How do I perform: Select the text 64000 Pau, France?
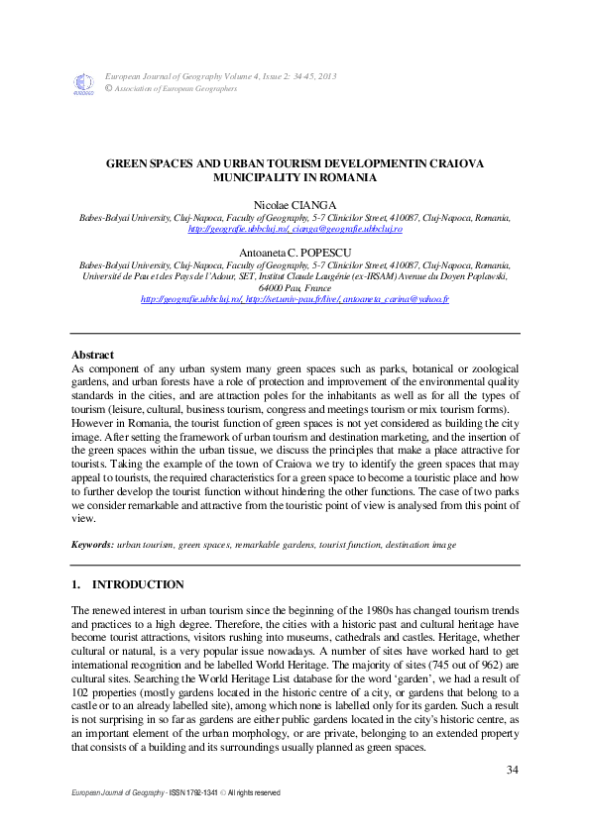(x=295, y=287)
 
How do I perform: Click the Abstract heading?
(x=92, y=354)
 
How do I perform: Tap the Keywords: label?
(x=92, y=545)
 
